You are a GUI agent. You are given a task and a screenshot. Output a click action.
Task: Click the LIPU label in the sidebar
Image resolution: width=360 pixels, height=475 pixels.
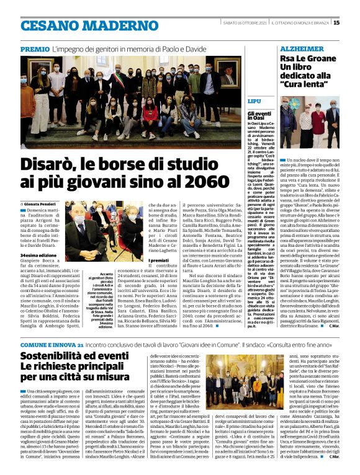point(254,100)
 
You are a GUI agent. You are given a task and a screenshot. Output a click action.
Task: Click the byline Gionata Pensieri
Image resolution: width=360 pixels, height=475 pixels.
point(45,203)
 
